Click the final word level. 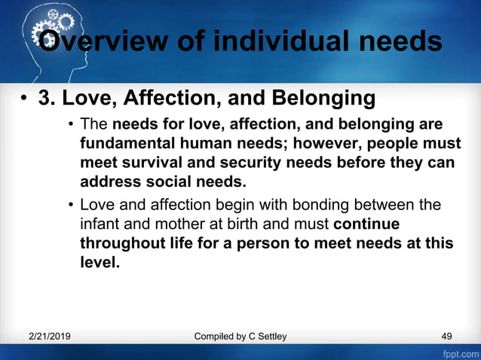click(x=100, y=263)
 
